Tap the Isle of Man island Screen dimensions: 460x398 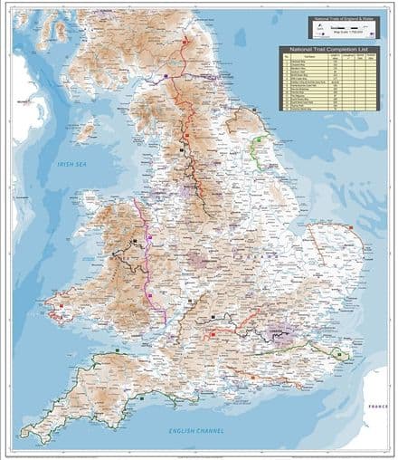click(85, 132)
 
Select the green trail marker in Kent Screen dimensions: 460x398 click(339, 355)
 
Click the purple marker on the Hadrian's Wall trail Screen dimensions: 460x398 click(204, 79)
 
